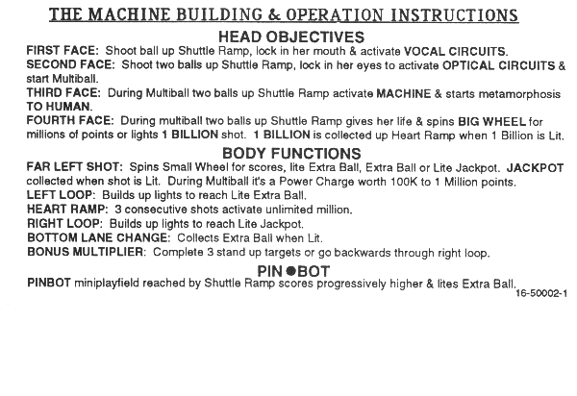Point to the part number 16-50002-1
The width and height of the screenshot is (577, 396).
540,293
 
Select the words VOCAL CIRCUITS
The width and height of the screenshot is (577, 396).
450,51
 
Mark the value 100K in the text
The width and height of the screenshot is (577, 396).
421,181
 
